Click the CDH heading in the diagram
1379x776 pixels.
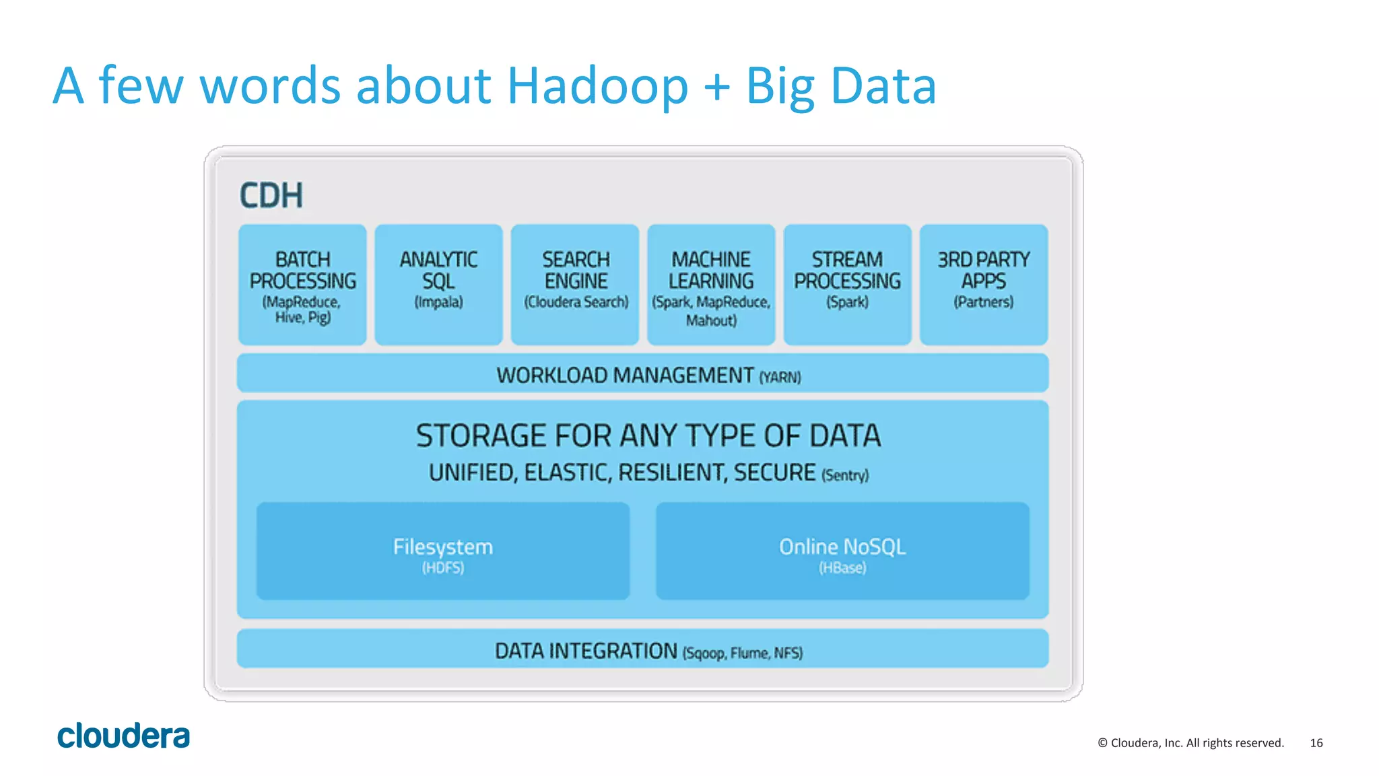click(271, 196)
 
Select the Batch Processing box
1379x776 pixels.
click(302, 285)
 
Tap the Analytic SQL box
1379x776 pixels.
click(438, 285)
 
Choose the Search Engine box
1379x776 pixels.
click(575, 285)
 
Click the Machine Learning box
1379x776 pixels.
click(711, 285)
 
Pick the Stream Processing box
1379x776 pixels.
click(847, 285)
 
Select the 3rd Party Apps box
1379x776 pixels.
click(983, 285)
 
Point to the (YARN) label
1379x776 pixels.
click(780, 378)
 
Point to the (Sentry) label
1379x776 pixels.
click(845, 475)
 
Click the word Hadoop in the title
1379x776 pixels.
click(597, 86)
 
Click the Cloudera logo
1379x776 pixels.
click(123, 736)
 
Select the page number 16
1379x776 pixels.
click(1316, 743)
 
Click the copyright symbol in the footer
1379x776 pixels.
click(1102, 743)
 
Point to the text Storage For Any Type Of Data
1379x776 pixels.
click(648, 435)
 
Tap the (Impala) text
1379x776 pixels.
click(438, 302)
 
